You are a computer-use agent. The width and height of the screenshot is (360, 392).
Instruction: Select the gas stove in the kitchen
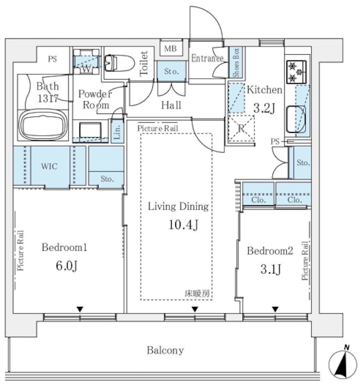click(296, 72)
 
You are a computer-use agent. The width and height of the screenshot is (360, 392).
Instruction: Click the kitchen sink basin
click(296, 119)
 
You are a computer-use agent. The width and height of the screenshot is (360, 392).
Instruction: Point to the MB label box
click(171, 49)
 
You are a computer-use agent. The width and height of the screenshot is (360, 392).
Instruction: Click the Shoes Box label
click(236, 62)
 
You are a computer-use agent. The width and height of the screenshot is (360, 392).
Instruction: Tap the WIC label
click(49, 166)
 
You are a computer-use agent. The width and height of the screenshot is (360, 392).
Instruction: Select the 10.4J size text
click(184, 225)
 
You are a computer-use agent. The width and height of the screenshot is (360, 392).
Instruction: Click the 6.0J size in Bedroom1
click(66, 266)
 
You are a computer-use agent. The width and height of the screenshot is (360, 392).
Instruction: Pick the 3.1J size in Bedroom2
click(271, 269)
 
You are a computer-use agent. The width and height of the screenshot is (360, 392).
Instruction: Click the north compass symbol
click(342, 364)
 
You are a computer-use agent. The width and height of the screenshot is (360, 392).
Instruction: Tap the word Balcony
click(165, 350)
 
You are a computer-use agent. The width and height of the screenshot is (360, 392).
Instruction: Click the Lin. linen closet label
click(117, 132)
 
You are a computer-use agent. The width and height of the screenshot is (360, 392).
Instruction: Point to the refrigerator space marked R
click(241, 128)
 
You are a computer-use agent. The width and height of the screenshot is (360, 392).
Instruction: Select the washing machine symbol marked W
click(86, 61)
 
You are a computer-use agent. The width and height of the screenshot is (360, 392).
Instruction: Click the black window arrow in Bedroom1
click(80, 310)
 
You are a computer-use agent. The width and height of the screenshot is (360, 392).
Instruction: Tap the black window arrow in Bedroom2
click(275, 310)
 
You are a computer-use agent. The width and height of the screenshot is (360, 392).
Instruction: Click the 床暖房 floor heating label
click(197, 293)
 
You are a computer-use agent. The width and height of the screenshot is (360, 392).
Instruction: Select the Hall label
click(171, 105)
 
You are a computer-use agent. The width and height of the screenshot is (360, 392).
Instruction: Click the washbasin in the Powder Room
click(90, 130)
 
